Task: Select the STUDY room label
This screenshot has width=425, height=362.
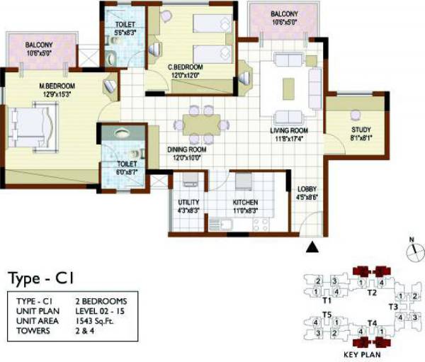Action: (361, 130)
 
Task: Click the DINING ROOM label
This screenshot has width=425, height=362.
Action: (187, 150)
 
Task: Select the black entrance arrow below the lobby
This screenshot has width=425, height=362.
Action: (310, 247)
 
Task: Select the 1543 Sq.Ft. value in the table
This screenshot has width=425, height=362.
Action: (99, 321)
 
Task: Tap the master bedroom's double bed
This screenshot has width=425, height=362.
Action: (33, 122)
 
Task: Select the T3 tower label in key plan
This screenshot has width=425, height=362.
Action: (393, 306)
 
